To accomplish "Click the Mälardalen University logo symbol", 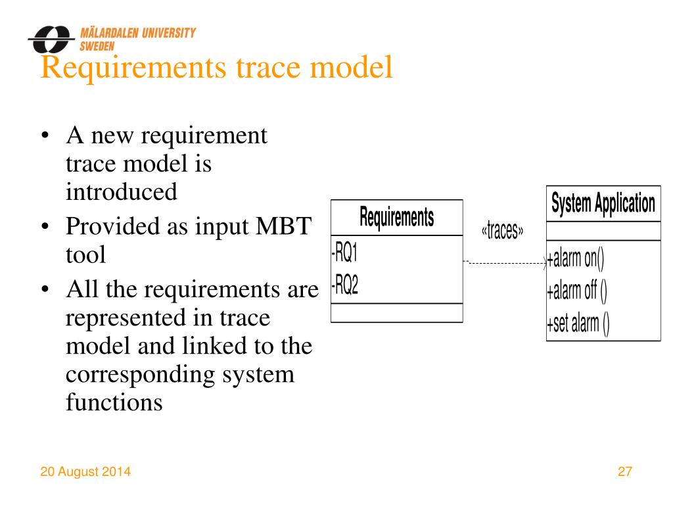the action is point(50,40).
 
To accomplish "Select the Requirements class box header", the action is point(396,217).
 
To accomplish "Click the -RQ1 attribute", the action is point(346,252).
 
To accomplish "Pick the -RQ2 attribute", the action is point(346,286).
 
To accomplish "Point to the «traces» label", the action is point(503,231).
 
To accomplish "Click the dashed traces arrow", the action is point(506,263).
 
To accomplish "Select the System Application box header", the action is point(603,203).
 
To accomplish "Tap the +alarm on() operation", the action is point(575,258).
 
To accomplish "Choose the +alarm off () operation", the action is point(576,291).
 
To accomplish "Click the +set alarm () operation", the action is point(578,324).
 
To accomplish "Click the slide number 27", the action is point(624,471).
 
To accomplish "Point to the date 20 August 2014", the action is point(85,471).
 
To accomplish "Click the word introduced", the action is point(122,192).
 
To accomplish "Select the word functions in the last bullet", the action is point(114,402).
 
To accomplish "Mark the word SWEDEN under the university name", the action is point(97,47).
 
